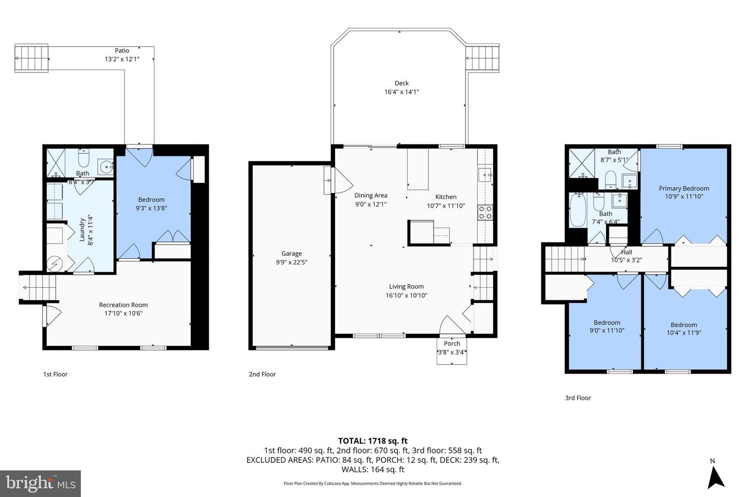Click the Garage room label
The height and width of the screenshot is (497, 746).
pos(291,253)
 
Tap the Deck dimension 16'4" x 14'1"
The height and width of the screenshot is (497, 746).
pos(401,92)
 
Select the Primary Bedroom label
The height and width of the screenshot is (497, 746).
pos(684,188)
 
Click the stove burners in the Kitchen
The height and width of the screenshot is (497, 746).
pos(485,212)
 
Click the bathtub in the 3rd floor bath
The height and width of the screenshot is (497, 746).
pos(578,210)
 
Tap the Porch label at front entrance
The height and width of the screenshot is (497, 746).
pos(452,343)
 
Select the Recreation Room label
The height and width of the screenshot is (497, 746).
pos(123,305)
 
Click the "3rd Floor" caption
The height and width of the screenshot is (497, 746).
pos(578,398)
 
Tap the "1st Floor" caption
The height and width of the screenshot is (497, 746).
pos(55,374)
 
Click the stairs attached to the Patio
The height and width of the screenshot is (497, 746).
pos(32,57)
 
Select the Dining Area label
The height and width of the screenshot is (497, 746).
pos(370,195)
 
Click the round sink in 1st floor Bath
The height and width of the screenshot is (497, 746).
pos(107,167)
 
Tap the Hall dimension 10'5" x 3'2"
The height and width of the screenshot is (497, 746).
pos(626,260)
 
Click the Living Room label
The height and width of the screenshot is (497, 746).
pos(406,286)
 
